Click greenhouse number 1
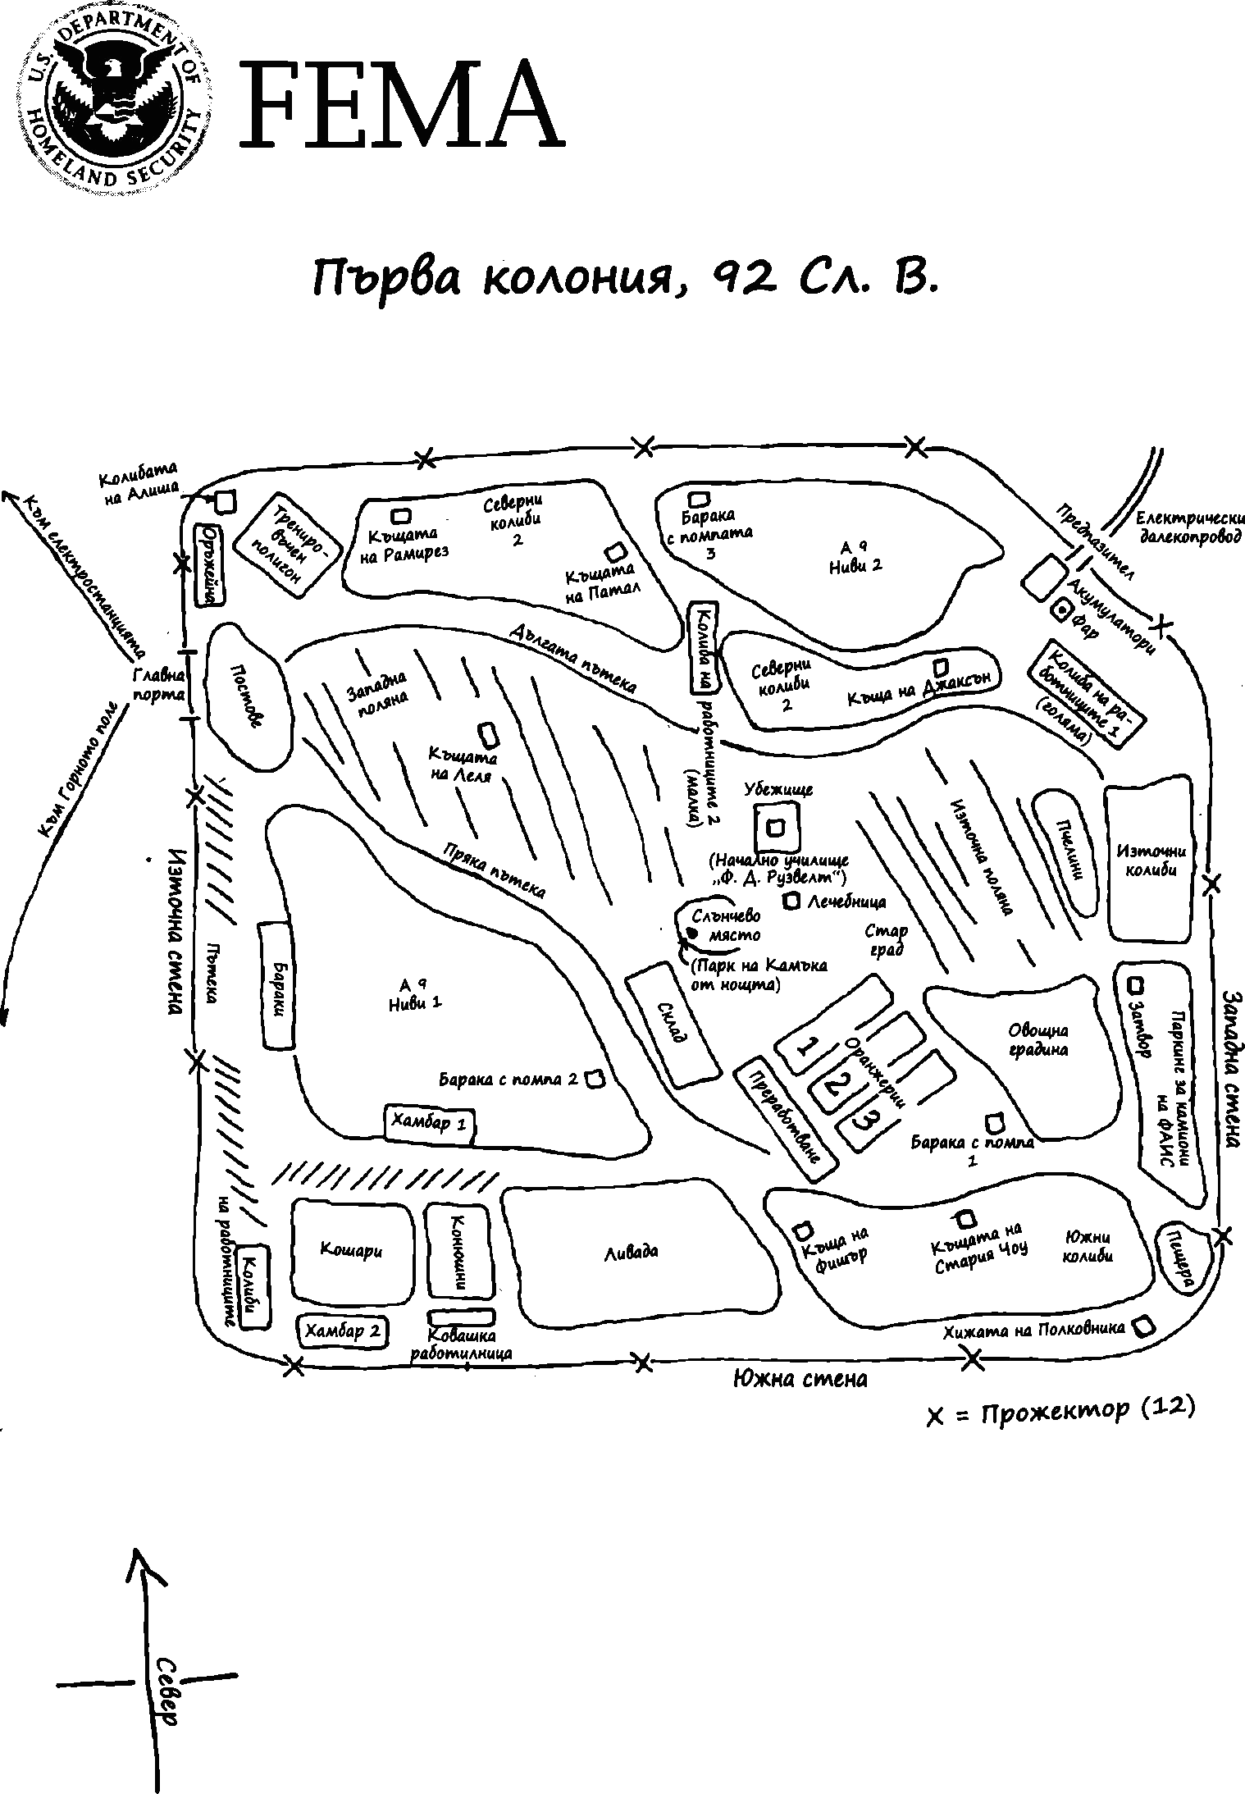click(808, 1047)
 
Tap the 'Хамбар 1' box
click(431, 1123)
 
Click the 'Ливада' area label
click(631, 1252)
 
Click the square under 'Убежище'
click(776, 828)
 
